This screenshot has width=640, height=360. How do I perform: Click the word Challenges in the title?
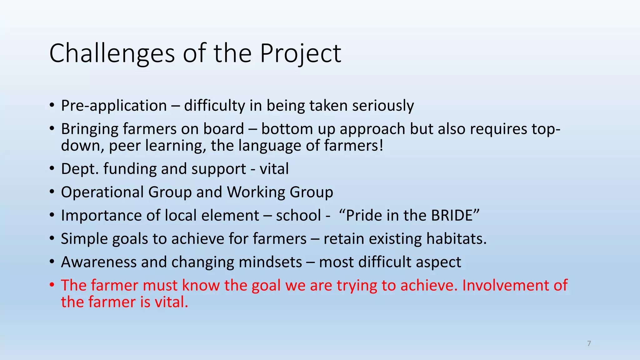tap(112, 53)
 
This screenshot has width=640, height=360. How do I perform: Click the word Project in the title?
tap(301, 53)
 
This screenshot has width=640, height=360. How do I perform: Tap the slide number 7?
tap(589, 343)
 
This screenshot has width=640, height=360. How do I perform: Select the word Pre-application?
tap(114, 106)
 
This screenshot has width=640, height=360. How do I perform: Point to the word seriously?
tap(383, 106)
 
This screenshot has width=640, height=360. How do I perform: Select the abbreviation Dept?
tap(80, 169)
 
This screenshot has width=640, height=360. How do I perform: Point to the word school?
tap(298, 215)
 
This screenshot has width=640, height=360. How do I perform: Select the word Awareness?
tap(99, 262)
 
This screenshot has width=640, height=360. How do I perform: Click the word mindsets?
tap(270, 262)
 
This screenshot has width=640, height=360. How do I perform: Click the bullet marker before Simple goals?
tap(52, 239)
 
